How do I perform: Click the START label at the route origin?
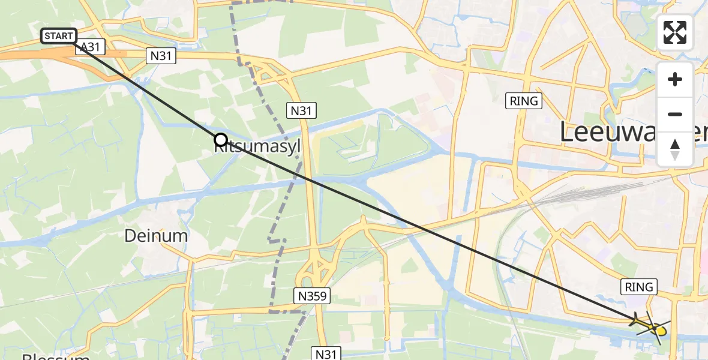59,36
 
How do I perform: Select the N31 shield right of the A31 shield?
155,56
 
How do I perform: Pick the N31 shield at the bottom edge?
326,353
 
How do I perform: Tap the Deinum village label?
156,236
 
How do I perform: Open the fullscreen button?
675,32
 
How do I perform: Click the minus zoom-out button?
675,114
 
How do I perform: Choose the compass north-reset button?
675,148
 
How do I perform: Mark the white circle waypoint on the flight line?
220,140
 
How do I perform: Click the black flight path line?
420,228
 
